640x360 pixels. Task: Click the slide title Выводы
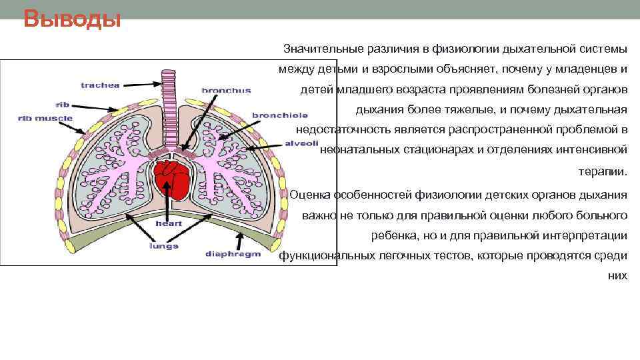(x=72, y=19)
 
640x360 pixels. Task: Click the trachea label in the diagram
(x=100, y=85)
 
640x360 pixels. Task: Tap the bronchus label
(x=226, y=90)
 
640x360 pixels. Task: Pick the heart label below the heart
(x=169, y=223)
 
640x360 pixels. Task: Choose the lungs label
(x=164, y=245)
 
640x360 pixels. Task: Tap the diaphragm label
(x=233, y=254)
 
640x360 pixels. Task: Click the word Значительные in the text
(x=323, y=49)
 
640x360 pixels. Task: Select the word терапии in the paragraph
(x=603, y=171)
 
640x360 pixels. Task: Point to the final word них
(x=618, y=275)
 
